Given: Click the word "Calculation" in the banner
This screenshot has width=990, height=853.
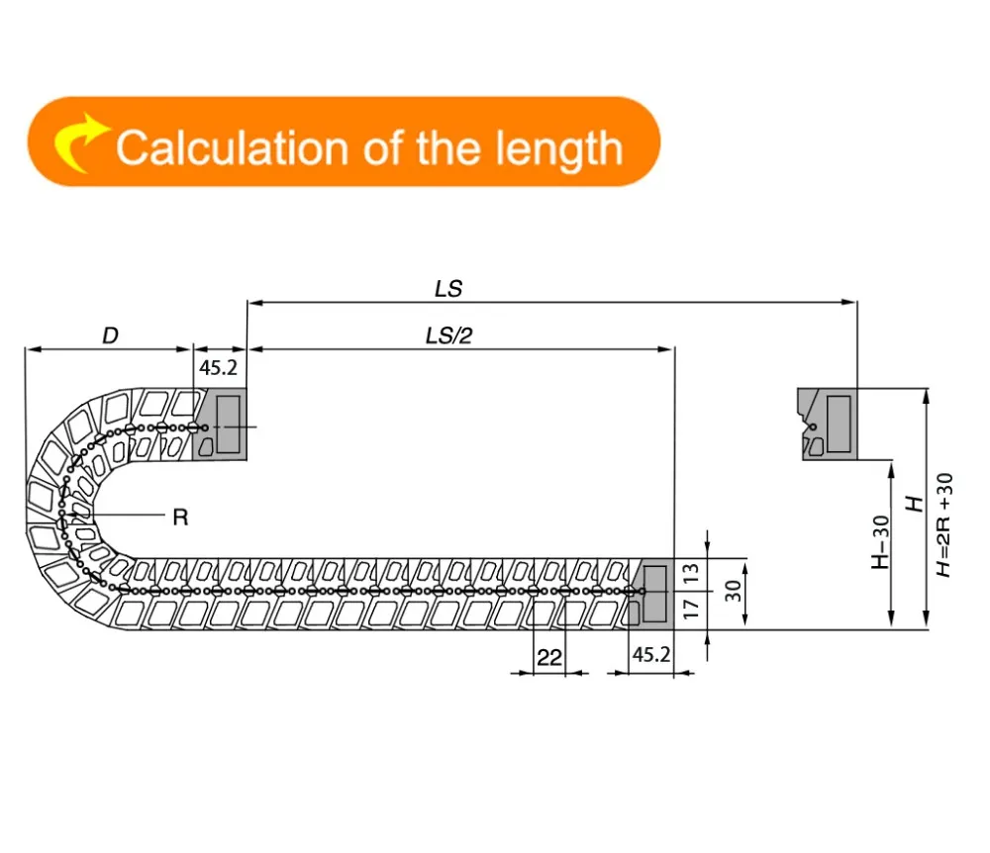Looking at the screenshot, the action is click(232, 148).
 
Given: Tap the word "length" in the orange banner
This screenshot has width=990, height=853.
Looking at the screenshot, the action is click(558, 150).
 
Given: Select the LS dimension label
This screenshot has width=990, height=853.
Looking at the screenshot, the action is click(448, 289).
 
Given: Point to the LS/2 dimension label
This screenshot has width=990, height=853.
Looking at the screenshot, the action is click(448, 335).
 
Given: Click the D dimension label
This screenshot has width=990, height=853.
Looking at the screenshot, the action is click(110, 335).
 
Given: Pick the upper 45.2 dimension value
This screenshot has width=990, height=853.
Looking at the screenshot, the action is click(219, 368).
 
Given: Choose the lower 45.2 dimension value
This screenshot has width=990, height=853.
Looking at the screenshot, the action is click(651, 655).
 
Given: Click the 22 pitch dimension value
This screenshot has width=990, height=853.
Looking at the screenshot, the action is click(548, 658).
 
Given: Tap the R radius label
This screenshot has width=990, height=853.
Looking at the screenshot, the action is click(180, 518).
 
